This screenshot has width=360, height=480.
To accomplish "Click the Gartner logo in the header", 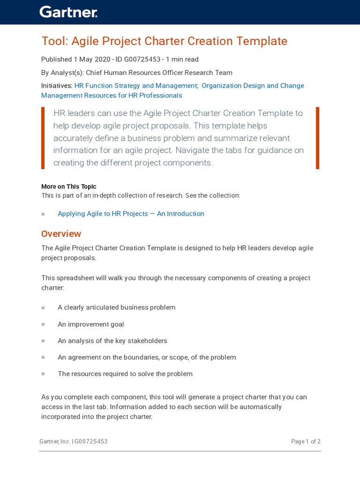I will click(x=68, y=12).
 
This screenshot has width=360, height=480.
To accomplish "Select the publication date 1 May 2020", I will click(x=92, y=60).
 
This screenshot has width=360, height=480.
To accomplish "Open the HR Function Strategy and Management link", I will click(x=136, y=86).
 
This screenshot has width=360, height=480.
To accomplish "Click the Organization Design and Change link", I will click(x=253, y=86).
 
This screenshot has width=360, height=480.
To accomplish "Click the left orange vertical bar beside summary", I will click(x=43, y=138).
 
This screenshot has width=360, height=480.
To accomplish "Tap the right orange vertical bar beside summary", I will click(x=317, y=138).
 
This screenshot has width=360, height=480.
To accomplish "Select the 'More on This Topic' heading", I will click(x=68, y=187).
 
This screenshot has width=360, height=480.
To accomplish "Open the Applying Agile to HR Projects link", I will click(x=131, y=214).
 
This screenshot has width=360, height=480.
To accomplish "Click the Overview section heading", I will click(x=61, y=234).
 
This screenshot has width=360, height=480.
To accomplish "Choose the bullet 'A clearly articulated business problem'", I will click(x=116, y=307).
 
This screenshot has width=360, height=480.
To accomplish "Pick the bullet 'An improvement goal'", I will click(x=90, y=324).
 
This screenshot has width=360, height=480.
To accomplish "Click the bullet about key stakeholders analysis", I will click(x=112, y=341).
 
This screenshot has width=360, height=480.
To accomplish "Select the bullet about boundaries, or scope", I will click(x=147, y=357).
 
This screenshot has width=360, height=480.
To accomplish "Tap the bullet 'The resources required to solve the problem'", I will click(x=125, y=374).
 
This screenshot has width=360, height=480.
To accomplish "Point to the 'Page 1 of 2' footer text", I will click(x=306, y=442).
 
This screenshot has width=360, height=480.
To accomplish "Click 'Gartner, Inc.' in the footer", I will click(x=55, y=442).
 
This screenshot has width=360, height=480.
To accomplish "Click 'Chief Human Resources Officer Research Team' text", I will click(x=159, y=73).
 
